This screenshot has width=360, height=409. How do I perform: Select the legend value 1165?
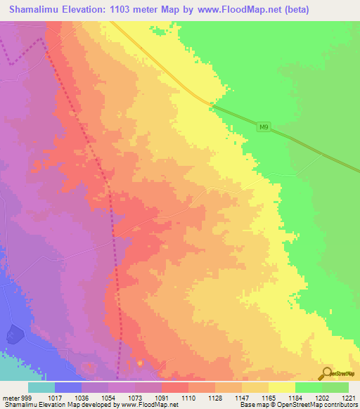[x=268, y=397]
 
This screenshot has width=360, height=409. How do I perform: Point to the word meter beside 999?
[x=11, y=397]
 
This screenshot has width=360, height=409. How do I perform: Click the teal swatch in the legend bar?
[x=41, y=387]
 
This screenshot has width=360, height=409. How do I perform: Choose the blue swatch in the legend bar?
[x=68, y=387]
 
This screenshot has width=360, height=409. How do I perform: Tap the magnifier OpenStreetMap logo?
[x=326, y=375]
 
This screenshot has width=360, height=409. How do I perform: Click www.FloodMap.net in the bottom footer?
[x=149, y=405]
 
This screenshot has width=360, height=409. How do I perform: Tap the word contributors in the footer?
[x=340, y=405]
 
